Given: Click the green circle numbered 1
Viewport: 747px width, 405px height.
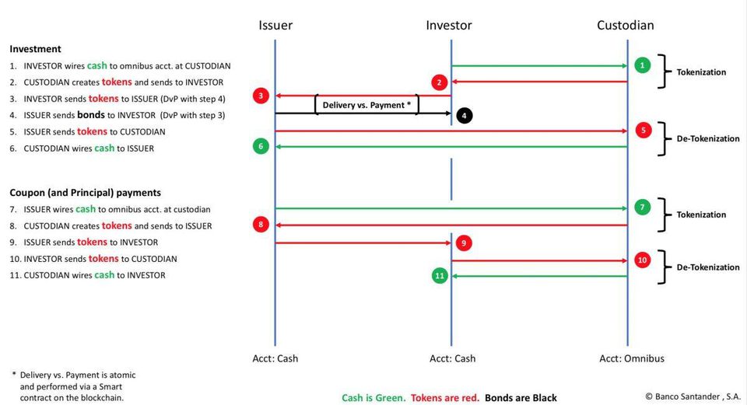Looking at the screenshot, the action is click(642, 65).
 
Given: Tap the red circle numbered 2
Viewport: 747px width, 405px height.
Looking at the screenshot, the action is click(439, 82).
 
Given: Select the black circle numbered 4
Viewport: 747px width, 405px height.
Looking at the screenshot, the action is click(464, 115).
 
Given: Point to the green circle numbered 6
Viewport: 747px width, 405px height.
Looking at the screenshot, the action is click(261, 146).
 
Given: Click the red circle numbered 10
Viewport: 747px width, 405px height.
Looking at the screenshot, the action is click(642, 260).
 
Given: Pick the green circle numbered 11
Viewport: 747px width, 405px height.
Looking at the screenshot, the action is click(439, 275).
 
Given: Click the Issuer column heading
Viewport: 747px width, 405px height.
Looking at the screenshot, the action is click(275, 25).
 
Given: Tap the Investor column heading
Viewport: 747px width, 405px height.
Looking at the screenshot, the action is click(449, 25).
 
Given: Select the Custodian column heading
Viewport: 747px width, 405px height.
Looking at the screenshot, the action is click(626, 25).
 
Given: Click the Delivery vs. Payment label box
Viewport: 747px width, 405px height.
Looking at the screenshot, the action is click(366, 105).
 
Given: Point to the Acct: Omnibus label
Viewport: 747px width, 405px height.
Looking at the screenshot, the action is click(632, 358).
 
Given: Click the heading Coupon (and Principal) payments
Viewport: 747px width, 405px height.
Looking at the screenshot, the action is click(86, 193).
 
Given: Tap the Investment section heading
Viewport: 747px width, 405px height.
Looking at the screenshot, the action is click(35, 49).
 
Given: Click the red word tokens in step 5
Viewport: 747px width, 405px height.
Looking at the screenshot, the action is click(92, 131).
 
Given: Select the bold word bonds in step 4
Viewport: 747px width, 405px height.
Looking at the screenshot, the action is click(90, 115).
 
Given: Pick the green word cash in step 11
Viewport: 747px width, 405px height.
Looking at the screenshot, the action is click(104, 274).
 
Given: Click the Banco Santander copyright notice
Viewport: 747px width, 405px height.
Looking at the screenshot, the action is click(693, 396).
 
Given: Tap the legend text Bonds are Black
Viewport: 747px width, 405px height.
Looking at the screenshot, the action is click(521, 398).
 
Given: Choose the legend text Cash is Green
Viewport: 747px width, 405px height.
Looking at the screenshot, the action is click(373, 398).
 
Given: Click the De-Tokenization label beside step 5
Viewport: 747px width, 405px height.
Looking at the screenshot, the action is click(708, 138).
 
